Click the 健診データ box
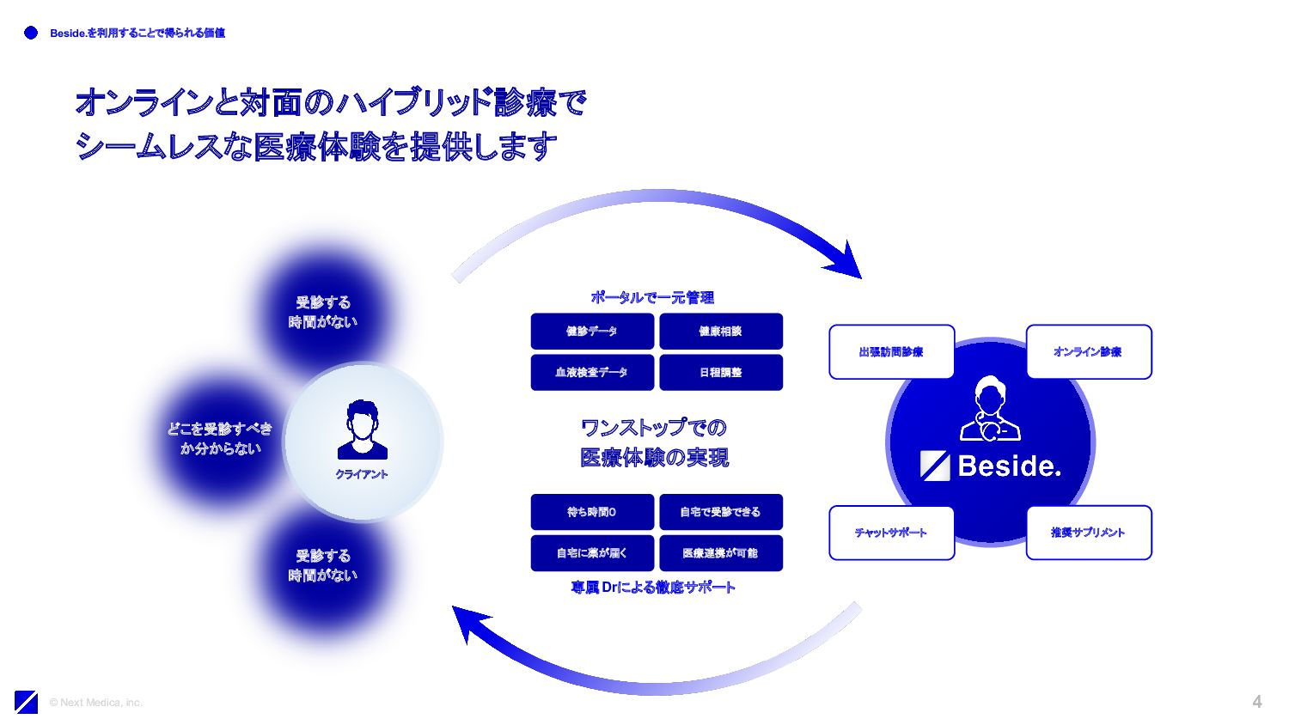coord(592,332)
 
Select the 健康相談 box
coord(721,332)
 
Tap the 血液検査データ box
coord(592,373)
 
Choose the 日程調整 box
coord(721,373)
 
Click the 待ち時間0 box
coord(592,512)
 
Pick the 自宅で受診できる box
coord(721,512)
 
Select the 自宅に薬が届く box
coord(592,553)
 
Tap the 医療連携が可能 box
coord(721,553)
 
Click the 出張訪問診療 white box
coord(891,351)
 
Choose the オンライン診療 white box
coord(1089,351)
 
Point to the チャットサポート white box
coord(891,533)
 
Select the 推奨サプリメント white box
coord(1089,533)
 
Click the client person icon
coord(362,430)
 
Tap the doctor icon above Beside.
coord(990,409)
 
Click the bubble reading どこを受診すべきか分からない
coord(220,438)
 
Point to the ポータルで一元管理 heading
coord(652,297)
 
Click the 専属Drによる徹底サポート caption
coord(653,588)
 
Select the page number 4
coord(1256,702)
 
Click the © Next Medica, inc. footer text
coord(95,703)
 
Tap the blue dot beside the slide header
coord(31,33)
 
